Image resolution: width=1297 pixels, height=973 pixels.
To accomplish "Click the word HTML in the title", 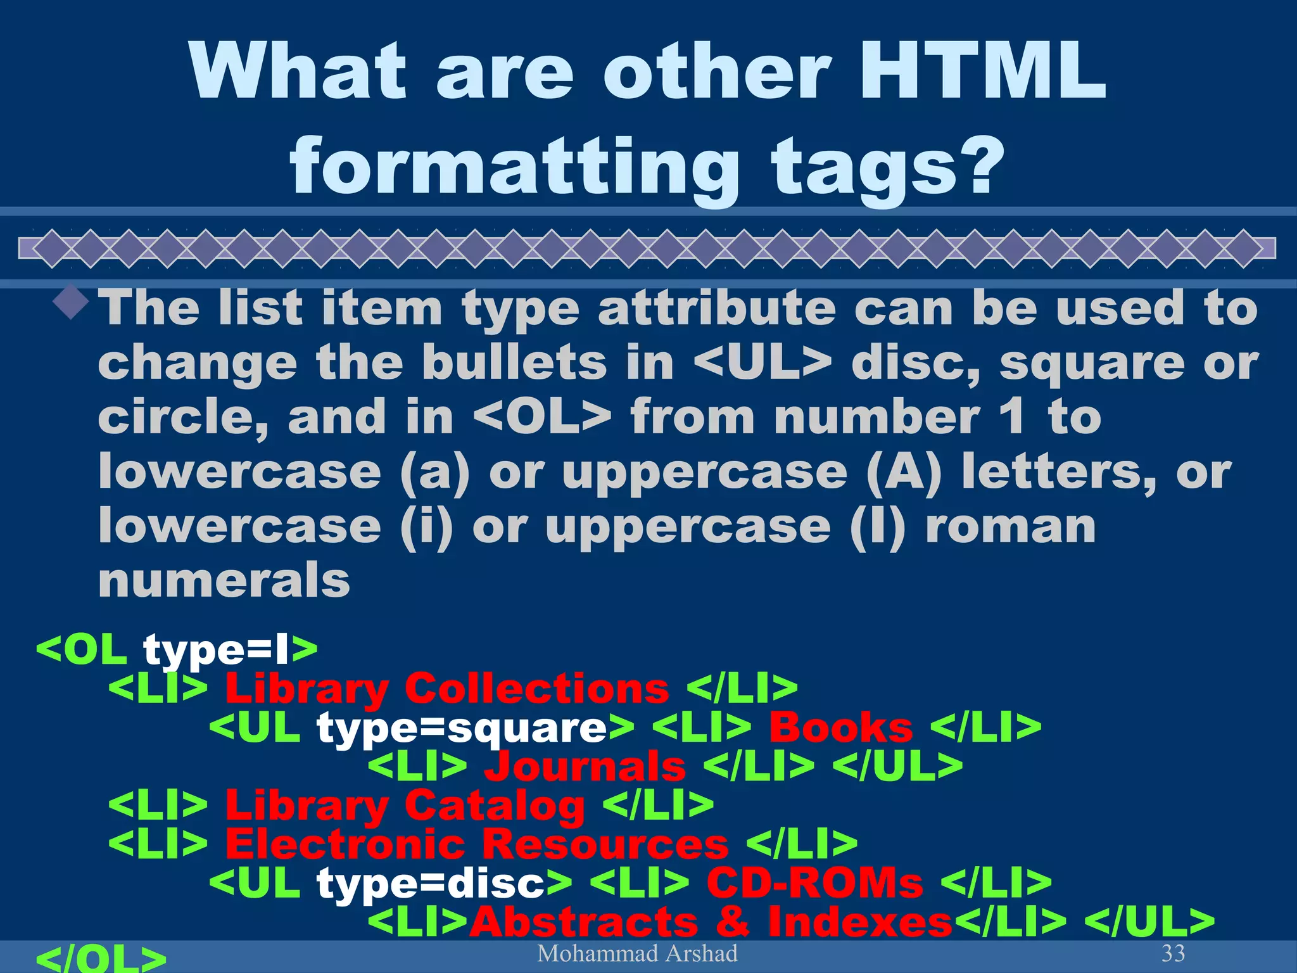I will (981, 71).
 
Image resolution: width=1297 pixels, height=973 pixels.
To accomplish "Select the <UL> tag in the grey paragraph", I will (762, 363).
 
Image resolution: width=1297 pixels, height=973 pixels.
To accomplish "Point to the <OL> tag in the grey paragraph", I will (542, 417).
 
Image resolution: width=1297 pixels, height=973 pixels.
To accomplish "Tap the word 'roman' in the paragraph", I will (1010, 526).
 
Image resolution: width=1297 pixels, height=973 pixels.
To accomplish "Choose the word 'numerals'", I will (224, 580).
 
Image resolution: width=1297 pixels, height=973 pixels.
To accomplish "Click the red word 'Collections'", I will (536, 689).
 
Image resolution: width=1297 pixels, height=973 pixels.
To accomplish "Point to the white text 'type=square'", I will (462, 727).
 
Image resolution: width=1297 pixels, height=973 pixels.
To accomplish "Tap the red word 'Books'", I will (841, 727).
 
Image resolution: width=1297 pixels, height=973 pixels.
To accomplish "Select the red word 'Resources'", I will (605, 844).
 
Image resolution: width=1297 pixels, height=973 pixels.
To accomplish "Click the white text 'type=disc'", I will (431, 882).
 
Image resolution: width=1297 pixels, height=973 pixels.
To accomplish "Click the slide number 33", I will (1173, 953).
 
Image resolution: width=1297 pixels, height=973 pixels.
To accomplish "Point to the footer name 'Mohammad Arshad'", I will (637, 953).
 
